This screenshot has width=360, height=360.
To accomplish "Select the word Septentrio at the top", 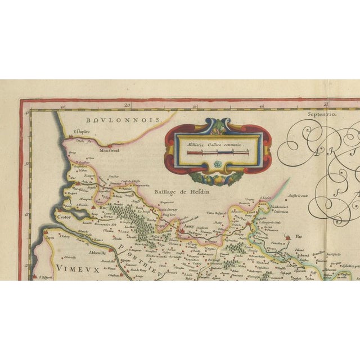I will pyautogui.click(x=321, y=114).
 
